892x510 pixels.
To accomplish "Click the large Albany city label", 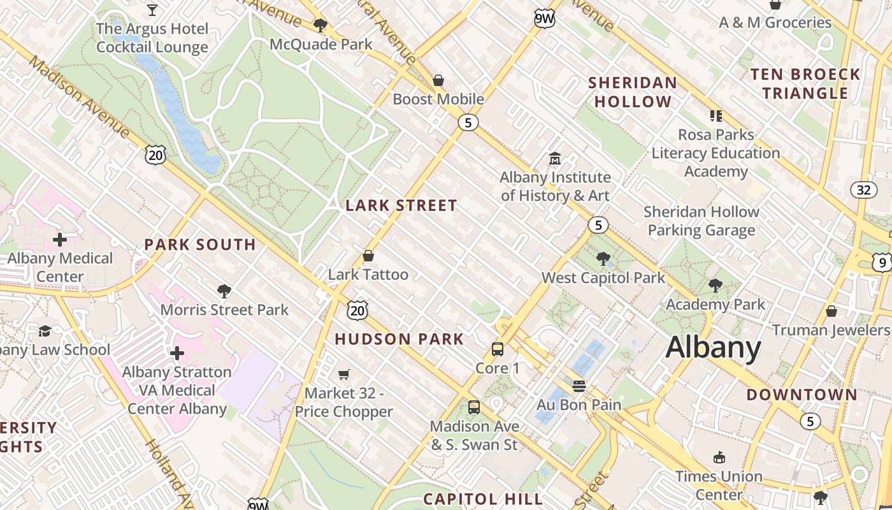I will (x=713, y=348).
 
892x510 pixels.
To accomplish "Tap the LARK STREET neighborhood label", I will (x=401, y=205).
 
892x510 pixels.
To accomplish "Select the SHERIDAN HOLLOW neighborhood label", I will (x=632, y=92).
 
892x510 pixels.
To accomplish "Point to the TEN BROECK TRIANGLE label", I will (x=805, y=84).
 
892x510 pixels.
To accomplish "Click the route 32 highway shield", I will (x=863, y=190).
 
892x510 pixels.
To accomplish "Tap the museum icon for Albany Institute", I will (x=555, y=158).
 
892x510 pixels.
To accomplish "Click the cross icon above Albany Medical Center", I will (x=60, y=240).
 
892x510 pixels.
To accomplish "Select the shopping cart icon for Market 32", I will (x=344, y=374).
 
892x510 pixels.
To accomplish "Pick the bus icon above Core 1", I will (x=498, y=349).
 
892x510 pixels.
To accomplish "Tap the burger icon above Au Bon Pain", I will (x=579, y=386).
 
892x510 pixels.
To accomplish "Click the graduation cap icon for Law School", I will (x=45, y=330).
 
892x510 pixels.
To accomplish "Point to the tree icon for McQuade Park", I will (x=320, y=25).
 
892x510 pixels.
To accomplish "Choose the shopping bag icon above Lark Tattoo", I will (x=368, y=256).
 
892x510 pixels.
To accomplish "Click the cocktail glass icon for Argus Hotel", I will (x=152, y=10).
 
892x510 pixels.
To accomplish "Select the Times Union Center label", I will (x=719, y=485).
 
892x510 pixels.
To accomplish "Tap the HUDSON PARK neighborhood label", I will (x=399, y=339).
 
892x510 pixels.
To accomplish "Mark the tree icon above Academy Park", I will (x=716, y=285).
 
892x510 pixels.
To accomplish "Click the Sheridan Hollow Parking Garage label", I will (x=701, y=221).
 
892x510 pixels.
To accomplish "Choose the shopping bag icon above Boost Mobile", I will (x=438, y=80).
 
